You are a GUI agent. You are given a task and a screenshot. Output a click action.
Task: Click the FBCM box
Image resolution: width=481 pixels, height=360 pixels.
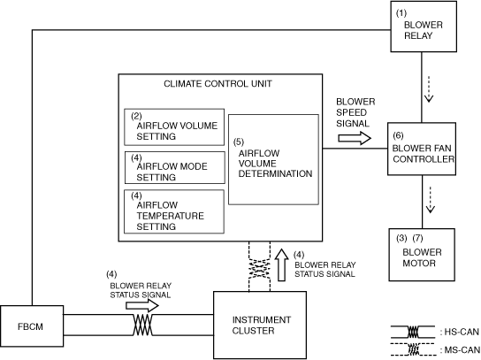click(32, 326)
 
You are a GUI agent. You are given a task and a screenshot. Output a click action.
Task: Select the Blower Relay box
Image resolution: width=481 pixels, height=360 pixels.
click(424, 27)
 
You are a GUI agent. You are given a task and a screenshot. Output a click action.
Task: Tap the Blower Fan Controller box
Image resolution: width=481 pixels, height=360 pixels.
click(422, 149)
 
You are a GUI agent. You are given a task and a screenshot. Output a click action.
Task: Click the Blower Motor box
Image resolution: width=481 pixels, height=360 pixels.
click(422, 255)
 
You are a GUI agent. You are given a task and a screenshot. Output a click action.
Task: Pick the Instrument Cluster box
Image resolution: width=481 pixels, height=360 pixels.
click(260, 325)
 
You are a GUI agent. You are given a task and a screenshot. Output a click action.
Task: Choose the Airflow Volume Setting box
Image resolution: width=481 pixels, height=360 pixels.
click(174, 126)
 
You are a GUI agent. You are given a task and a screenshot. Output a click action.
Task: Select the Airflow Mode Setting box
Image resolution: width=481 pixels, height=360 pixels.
click(174, 167)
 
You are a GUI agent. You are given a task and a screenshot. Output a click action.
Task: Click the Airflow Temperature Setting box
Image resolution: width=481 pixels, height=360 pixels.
click(174, 211)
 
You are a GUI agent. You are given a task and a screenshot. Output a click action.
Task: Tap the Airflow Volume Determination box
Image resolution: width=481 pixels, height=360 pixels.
click(273, 159)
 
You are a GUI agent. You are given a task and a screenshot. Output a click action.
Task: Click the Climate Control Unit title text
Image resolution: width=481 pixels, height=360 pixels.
click(218, 84)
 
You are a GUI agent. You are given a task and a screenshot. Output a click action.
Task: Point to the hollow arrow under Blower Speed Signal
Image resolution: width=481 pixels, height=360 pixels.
click(355, 138)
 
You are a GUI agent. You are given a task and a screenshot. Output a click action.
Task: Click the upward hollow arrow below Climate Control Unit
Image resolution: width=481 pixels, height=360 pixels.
click(281, 264)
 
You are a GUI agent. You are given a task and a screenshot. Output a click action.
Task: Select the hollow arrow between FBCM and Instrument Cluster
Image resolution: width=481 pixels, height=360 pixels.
click(142, 306)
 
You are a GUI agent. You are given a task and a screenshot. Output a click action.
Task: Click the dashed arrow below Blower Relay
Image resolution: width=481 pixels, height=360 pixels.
click(429, 89)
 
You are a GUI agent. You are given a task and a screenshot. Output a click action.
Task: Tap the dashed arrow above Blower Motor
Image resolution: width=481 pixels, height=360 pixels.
click(431, 200)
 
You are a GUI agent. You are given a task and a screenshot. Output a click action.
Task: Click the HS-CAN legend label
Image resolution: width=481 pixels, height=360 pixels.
click(459, 332)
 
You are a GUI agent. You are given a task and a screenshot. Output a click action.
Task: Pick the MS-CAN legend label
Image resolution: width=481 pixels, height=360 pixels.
click(459, 350)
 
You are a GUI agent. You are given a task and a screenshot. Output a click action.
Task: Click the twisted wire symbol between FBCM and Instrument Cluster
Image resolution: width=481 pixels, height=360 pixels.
click(142, 325)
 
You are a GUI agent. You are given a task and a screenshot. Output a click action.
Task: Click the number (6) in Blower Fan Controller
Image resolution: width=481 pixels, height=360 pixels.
click(398, 135)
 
